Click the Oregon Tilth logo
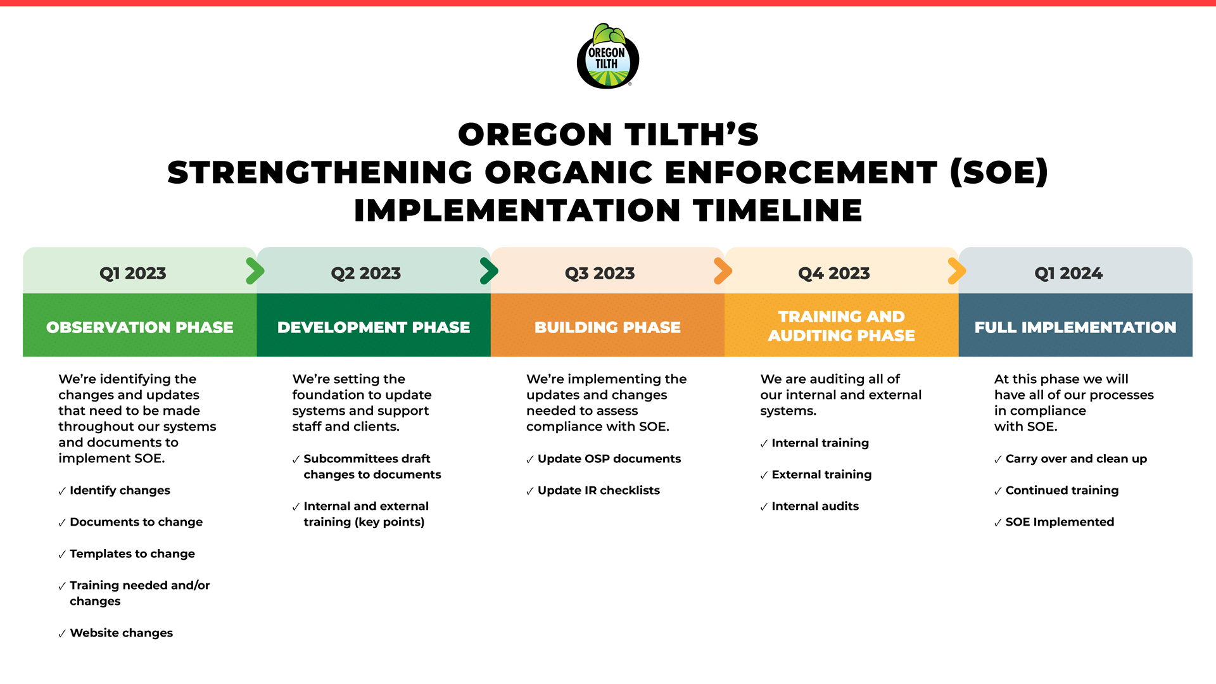point(607,56)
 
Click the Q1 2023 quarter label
point(133,273)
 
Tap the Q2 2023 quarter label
point(366,273)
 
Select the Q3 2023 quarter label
point(600,273)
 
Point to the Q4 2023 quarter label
point(834,273)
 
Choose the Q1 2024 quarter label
point(1068,273)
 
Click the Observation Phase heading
point(140,327)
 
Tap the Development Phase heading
point(374,327)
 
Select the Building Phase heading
point(607,327)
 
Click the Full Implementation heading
point(1075,327)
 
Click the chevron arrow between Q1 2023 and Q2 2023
point(255,271)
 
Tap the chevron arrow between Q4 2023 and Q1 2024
point(956,271)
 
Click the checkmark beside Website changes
point(62,634)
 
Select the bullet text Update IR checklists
point(598,490)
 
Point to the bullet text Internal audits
point(815,506)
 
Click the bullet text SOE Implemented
point(1060,522)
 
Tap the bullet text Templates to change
point(132,554)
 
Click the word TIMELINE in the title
point(778,210)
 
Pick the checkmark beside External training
point(764,476)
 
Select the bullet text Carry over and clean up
point(1076,459)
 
